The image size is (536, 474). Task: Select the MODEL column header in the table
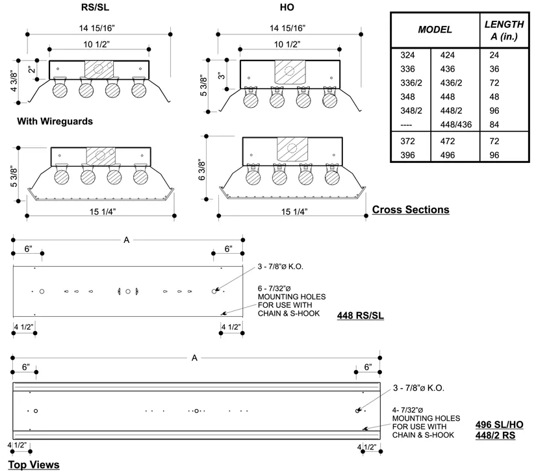435,30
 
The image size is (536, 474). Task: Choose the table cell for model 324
407,55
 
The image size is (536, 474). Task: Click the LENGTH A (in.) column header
504,30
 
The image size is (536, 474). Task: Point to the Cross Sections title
410,210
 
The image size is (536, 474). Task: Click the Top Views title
33,465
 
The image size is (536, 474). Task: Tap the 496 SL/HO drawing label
500,425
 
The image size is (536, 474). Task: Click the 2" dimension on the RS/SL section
31,68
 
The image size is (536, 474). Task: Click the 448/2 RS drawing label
494,436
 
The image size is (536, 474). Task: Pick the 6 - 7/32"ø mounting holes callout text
292,301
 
